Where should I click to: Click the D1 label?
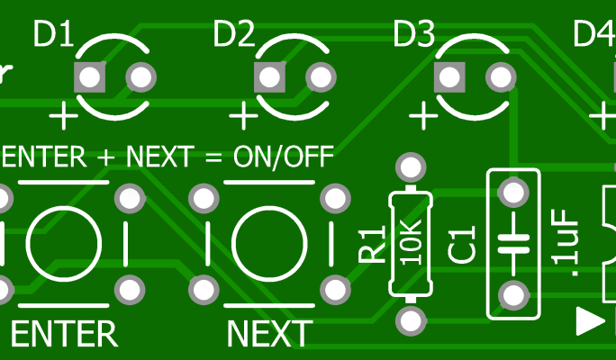point(53,35)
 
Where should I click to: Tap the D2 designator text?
point(233,35)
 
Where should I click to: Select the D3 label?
point(414,35)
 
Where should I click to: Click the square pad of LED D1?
point(89,77)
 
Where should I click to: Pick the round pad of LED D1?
point(140,77)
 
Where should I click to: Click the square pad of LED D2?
point(268,77)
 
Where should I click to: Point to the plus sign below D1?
point(63,116)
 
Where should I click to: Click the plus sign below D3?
point(422,116)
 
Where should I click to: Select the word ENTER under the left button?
point(64,334)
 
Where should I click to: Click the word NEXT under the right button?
point(268,334)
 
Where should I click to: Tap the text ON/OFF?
point(284,157)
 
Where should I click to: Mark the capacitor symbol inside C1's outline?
point(513,241)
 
